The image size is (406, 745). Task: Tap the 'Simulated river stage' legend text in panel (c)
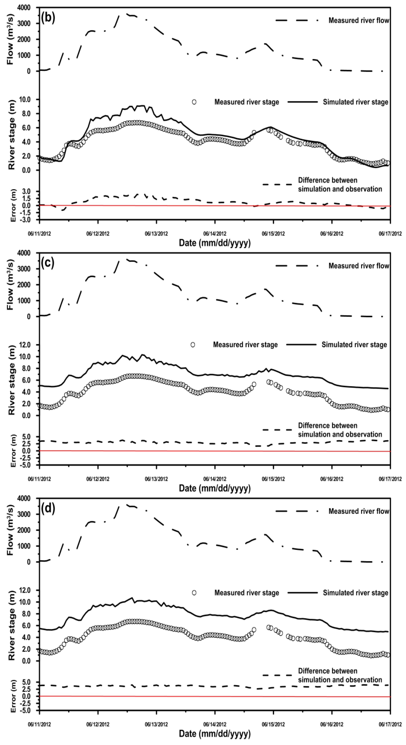click(x=354, y=345)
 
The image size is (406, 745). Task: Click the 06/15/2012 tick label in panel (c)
click(x=273, y=479)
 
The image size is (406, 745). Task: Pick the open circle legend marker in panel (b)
click(x=194, y=102)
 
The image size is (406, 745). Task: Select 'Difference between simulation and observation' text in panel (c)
click(x=340, y=430)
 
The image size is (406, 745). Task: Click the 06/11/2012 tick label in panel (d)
click(x=39, y=724)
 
